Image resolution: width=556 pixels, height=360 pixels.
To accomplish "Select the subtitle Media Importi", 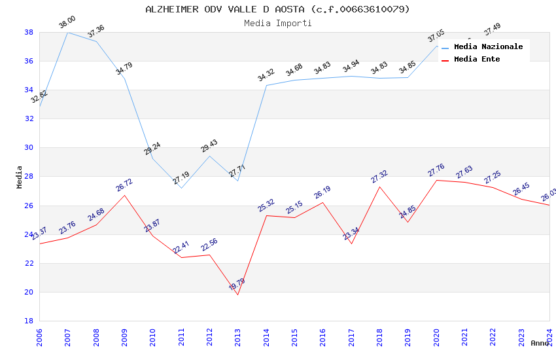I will click(277, 23).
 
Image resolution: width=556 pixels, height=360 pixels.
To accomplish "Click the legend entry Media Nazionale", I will click(488, 47).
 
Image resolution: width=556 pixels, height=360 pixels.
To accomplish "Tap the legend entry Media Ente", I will click(477, 60).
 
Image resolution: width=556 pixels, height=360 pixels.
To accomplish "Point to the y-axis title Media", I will click(20, 177).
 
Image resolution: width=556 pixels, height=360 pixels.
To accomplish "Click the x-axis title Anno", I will click(540, 343).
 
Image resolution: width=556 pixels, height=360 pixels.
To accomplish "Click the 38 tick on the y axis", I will click(29, 32).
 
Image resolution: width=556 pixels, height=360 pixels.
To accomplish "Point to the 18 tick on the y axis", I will click(29, 321).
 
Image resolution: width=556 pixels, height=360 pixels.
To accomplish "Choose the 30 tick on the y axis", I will click(29, 148).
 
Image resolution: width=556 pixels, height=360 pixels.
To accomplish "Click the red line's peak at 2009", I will click(124, 195).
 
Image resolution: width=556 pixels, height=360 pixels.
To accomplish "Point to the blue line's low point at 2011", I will click(181, 188).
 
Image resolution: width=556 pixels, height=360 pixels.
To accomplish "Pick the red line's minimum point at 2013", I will click(237, 295).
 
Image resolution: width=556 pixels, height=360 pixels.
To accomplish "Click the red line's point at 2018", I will click(379, 187).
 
